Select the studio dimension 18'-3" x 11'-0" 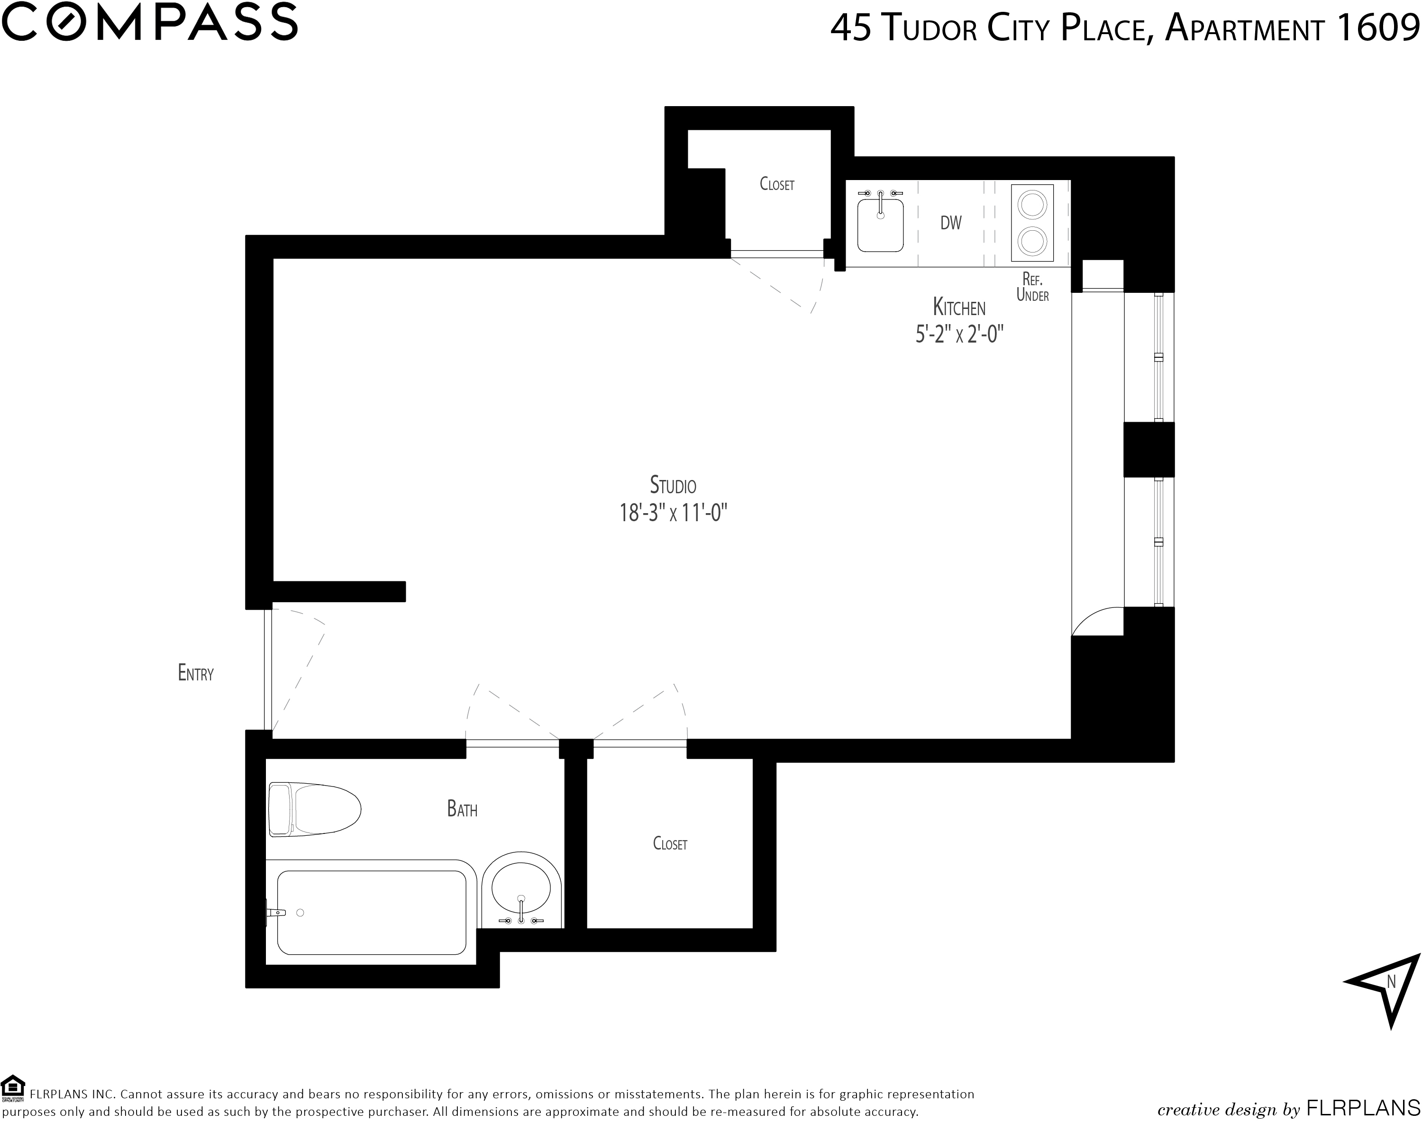click(x=674, y=512)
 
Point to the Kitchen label click(x=959, y=307)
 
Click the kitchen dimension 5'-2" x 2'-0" click(x=959, y=335)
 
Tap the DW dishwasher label click(x=951, y=223)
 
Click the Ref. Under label click(x=1032, y=287)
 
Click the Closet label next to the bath click(x=670, y=843)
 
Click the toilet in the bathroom click(x=315, y=810)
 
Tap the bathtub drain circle click(x=301, y=913)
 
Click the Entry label click(x=196, y=673)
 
